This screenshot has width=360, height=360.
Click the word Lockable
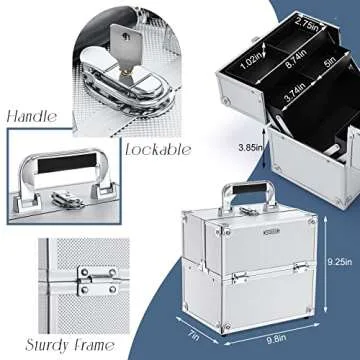click(161, 150)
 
